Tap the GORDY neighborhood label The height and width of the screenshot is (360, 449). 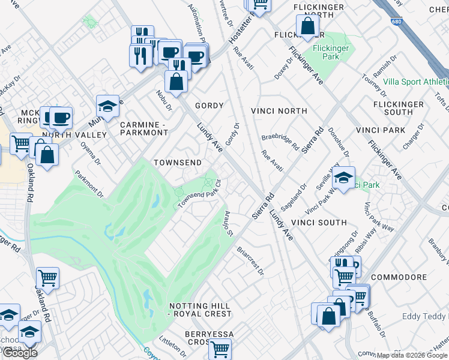(x=209, y=106)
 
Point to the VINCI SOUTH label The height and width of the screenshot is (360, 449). (x=319, y=223)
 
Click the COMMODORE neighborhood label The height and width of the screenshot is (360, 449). (x=399, y=278)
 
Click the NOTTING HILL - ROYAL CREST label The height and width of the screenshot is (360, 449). (x=200, y=310)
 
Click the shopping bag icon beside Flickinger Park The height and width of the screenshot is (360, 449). (x=307, y=27)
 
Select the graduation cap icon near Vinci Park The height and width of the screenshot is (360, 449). (x=343, y=178)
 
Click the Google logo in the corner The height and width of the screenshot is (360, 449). (x=19, y=353)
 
